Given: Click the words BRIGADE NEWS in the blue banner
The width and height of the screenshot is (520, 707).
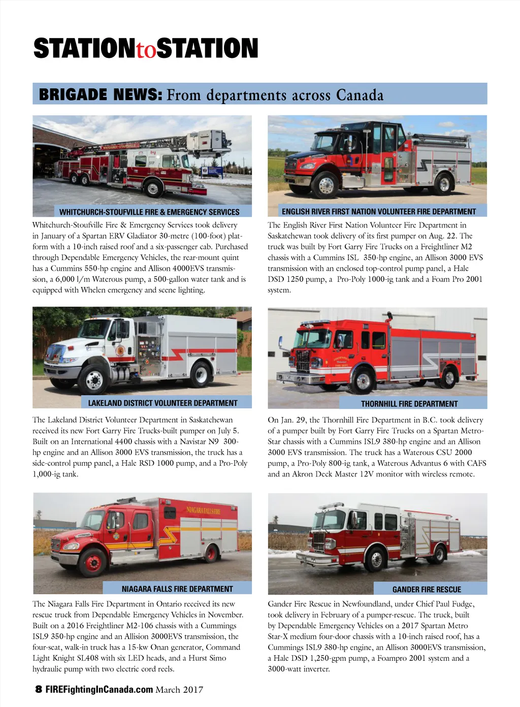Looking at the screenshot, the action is click(x=101, y=94).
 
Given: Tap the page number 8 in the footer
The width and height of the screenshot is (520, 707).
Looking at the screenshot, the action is click(x=39, y=689).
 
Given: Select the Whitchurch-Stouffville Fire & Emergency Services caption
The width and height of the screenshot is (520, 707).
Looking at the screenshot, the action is click(x=149, y=212).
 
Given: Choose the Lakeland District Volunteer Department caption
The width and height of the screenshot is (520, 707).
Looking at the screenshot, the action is click(x=162, y=403).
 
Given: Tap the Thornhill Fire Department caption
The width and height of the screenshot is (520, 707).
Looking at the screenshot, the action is click(x=409, y=404).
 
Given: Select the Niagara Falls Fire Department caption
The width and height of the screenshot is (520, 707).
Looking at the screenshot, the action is click(x=177, y=589).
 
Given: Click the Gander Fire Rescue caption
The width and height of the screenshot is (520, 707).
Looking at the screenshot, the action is click(x=427, y=589).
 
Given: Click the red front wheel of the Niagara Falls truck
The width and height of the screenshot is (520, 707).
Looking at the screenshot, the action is click(x=92, y=562).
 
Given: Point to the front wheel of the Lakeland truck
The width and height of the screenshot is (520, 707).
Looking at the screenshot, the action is click(x=94, y=378).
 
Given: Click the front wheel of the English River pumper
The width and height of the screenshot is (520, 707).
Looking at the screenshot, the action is click(x=326, y=185).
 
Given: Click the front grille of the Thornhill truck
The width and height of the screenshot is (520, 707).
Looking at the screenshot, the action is click(x=303, y=361).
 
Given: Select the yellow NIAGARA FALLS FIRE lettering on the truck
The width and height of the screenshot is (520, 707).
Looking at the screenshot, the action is click(x=204, y=510).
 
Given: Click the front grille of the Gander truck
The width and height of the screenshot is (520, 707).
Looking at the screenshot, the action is click(x=319, y=541).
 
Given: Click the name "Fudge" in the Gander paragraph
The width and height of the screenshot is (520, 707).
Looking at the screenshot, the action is click(x=463, y=604).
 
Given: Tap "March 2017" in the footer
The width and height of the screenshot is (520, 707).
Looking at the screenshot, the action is click(x=180, y=690).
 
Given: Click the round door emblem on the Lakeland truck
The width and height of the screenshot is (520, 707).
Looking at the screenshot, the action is click(x=120, y=350).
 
